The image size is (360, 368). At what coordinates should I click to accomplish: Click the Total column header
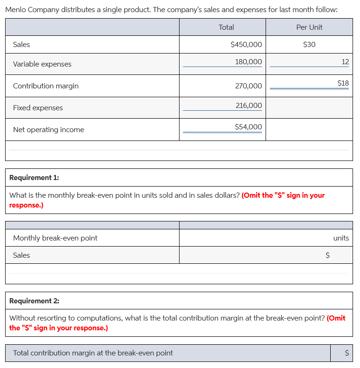(226, 27)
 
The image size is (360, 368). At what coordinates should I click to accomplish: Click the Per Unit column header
(309, 27)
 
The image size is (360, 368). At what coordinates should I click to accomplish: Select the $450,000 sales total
(246, 45)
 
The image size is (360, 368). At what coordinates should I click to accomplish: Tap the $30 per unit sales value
(309, 45)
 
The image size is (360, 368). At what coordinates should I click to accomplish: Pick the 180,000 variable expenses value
(248, 61)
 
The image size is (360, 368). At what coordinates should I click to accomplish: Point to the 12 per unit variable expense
(345, 61)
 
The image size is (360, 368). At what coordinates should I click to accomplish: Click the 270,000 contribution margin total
(248, 86)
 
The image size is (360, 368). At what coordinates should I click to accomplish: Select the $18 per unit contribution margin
(343, 83)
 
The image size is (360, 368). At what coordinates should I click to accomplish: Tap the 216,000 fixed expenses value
(248, 105)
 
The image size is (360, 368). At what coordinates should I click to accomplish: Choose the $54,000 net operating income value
(248, 127)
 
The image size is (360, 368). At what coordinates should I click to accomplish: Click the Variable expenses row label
(42, 64)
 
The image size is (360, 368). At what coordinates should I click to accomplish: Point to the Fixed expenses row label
(38, 108)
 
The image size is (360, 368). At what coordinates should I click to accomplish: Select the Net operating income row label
(48, 130)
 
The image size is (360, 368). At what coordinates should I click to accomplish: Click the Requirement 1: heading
(34, 178)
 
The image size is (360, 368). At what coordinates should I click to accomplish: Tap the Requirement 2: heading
(34, 301)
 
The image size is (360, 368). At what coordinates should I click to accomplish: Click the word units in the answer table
(341, 238)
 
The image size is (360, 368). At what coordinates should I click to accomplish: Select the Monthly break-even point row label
(55, 238)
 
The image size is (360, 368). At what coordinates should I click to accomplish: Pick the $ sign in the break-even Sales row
(327, 255)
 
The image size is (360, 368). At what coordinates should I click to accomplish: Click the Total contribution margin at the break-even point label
(93, 353)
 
